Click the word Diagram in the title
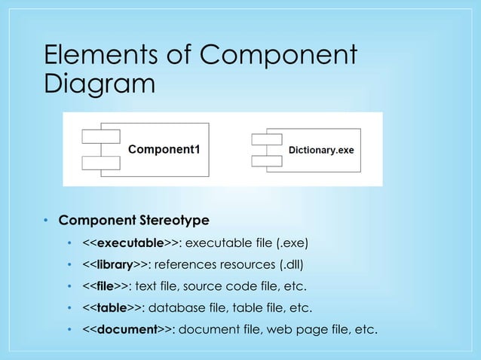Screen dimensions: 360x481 click(100, 84)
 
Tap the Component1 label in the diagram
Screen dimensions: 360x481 click(164, 148)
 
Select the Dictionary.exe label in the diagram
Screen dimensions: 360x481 click(322, 150)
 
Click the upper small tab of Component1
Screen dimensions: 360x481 click(100, 136)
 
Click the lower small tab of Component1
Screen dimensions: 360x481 click(100, 161)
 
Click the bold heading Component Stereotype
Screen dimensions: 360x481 click(133, 221)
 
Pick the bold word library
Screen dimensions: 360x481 click(114, 264)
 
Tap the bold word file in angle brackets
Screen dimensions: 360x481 click(106, 286)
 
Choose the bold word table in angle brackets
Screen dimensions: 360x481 click(111, 307)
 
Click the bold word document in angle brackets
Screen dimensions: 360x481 click(126, 329)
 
